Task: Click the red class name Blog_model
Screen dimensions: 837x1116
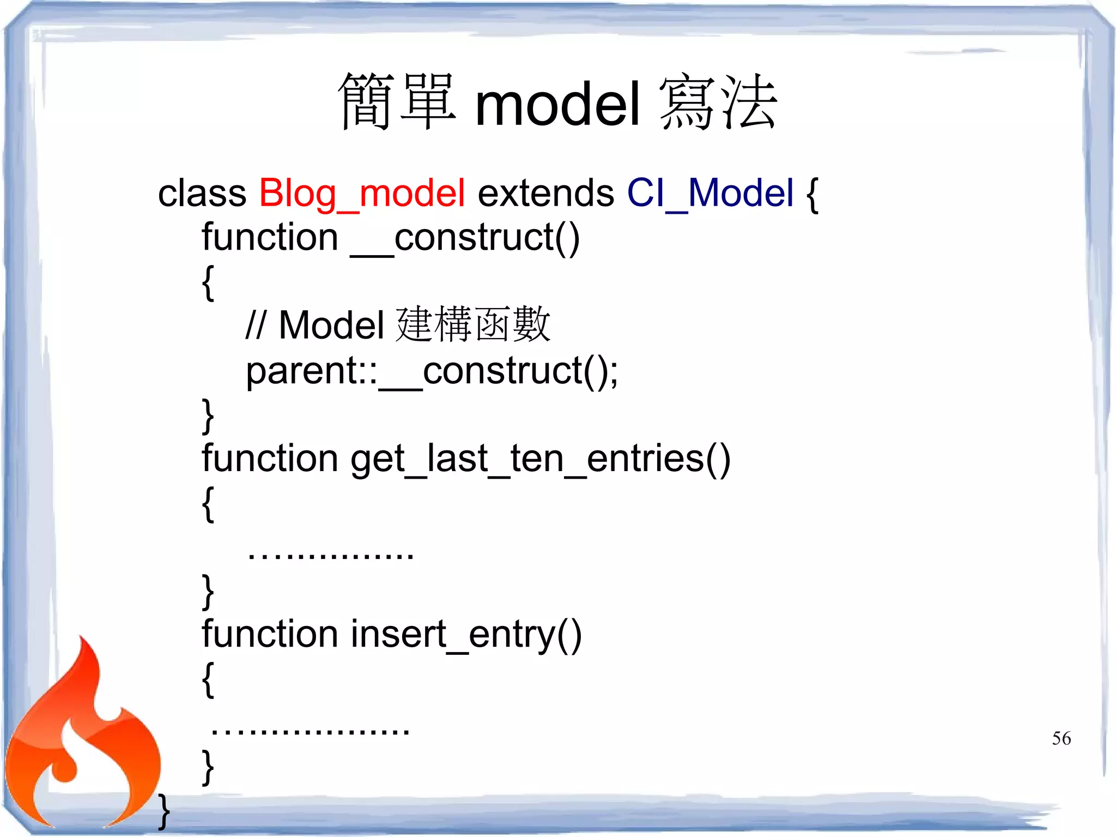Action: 362,194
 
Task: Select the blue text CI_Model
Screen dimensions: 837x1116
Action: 710,194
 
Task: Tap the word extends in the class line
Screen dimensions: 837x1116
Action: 545,194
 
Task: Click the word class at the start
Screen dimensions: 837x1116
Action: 202,194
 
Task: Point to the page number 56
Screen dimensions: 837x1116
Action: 1061,738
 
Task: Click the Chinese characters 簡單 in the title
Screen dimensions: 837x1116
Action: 397,103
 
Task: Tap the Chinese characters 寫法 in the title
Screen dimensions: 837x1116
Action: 718,103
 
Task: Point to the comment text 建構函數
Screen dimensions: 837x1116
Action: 473,325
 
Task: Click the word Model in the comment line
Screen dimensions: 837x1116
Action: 331,326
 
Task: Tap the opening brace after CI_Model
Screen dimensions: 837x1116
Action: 812,195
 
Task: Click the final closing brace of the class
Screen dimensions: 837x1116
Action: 163,811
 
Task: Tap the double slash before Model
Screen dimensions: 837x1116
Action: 256,326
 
